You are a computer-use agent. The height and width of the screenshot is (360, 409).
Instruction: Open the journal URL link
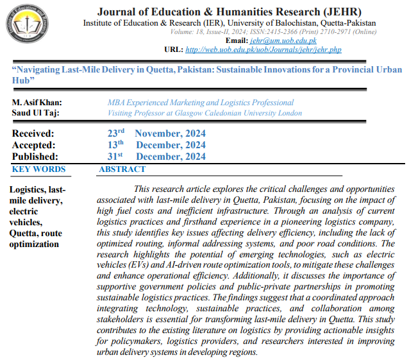[263, 49]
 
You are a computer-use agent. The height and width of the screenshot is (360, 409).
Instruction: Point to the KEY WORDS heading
[38, 169]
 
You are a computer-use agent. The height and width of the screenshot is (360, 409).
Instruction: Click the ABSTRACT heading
[122, 169]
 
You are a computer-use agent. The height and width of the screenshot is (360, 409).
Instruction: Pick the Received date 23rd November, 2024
[156, 133]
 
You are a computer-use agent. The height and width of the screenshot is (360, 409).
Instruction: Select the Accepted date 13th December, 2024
[156, 145]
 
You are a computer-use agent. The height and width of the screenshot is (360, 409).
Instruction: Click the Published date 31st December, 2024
[156, 157]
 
